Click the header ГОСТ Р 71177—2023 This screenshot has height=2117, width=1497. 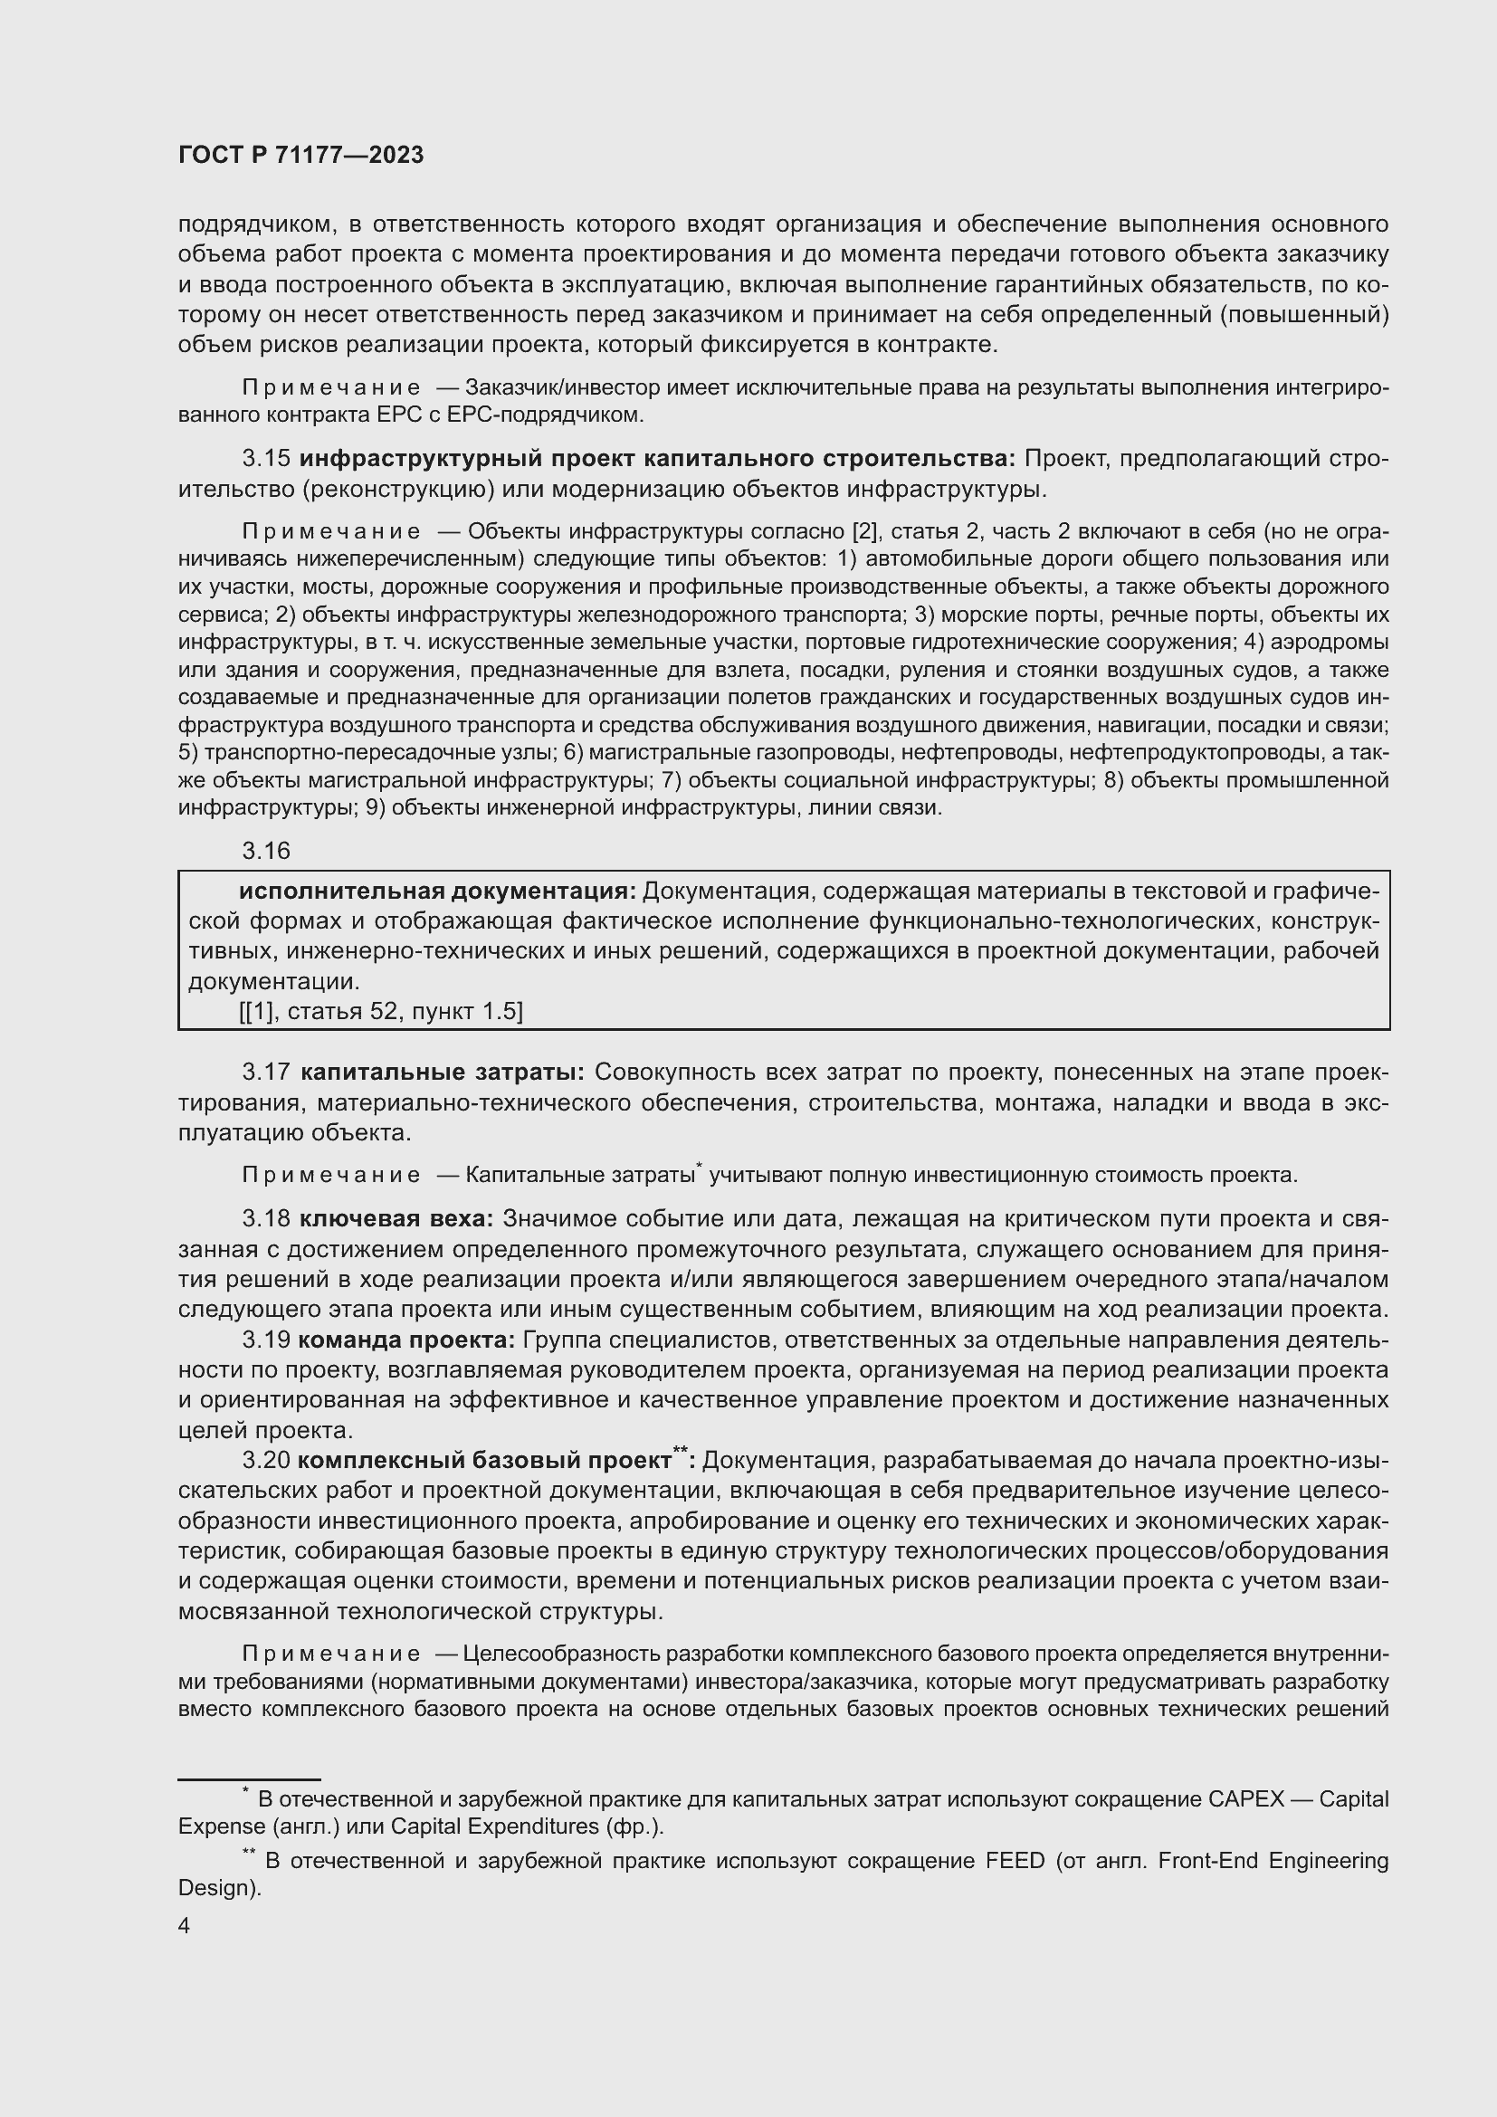[300, 155]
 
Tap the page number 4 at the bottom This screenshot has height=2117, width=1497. [185, 1926]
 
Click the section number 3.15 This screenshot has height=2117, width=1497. [266, 458]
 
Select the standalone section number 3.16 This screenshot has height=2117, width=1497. [266, 850]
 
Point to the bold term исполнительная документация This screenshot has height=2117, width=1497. [437, 891]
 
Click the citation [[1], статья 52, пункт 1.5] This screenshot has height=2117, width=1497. [381, 1012]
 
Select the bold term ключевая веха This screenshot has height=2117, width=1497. [396, 1219]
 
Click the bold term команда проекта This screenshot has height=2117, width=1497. [406, 1340]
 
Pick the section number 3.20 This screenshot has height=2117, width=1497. [266, 1461]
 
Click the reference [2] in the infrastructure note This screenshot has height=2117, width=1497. [865, 532]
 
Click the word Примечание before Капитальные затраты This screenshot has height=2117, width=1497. [331, 1176]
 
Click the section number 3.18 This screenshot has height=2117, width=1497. [266, 1219]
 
